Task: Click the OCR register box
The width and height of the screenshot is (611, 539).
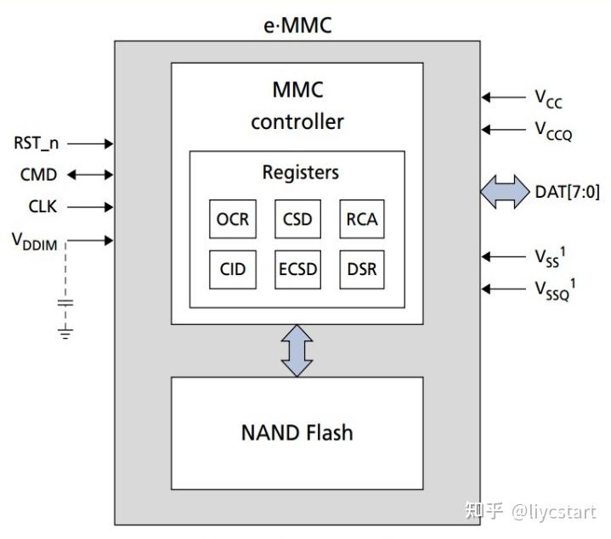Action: (x=232, y=220)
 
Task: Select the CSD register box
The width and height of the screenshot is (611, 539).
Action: (x=297, y=220)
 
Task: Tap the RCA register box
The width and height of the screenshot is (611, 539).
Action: (x=361, y=220)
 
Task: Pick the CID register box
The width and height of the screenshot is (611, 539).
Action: (x=232, y=270)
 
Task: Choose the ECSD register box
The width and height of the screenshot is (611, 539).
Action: (x=297, y=270)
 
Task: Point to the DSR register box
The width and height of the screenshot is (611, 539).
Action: (x=361, y=270)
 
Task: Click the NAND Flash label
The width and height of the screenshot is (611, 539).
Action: (x=297, y=432)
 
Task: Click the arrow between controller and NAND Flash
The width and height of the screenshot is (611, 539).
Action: (x=297, y=350)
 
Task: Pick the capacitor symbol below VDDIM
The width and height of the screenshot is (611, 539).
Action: (x=66, y=301)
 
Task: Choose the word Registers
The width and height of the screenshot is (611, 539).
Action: (x=300, y=172)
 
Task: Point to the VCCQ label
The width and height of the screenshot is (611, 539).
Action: (x=552, y=131)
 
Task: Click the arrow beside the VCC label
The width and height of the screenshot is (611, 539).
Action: (x=503, y=98)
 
